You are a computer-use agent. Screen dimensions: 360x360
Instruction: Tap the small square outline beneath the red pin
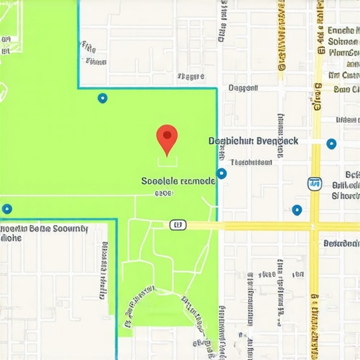[x=167, y=162]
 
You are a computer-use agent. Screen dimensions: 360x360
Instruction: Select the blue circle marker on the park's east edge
[x=221, y=173]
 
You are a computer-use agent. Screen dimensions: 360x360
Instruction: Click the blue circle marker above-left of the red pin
[x=103, y=98]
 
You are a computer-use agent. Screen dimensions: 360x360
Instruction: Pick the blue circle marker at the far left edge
[x=7, y=209]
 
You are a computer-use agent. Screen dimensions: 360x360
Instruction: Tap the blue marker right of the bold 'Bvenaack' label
[x=332, y=143]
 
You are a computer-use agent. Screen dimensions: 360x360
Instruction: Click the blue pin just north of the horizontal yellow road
[x=297, y=210]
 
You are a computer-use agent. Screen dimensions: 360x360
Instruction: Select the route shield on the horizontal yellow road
[x=178, y=225]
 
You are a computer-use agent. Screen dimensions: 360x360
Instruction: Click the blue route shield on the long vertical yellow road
[x=314, y=184]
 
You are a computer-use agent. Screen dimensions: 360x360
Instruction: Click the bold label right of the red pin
[x=254, y=141]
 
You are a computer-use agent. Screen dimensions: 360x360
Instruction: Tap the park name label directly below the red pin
[x=178, y=181]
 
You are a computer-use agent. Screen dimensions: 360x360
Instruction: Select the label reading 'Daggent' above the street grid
[x=244, y=89]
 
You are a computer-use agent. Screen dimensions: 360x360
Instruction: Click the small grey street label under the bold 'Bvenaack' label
[x=251, y=162]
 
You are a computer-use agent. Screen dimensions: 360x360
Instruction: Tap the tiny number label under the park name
[x=163, y=192]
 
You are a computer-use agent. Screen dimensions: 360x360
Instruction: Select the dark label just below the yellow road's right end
[x=341, y=243]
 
